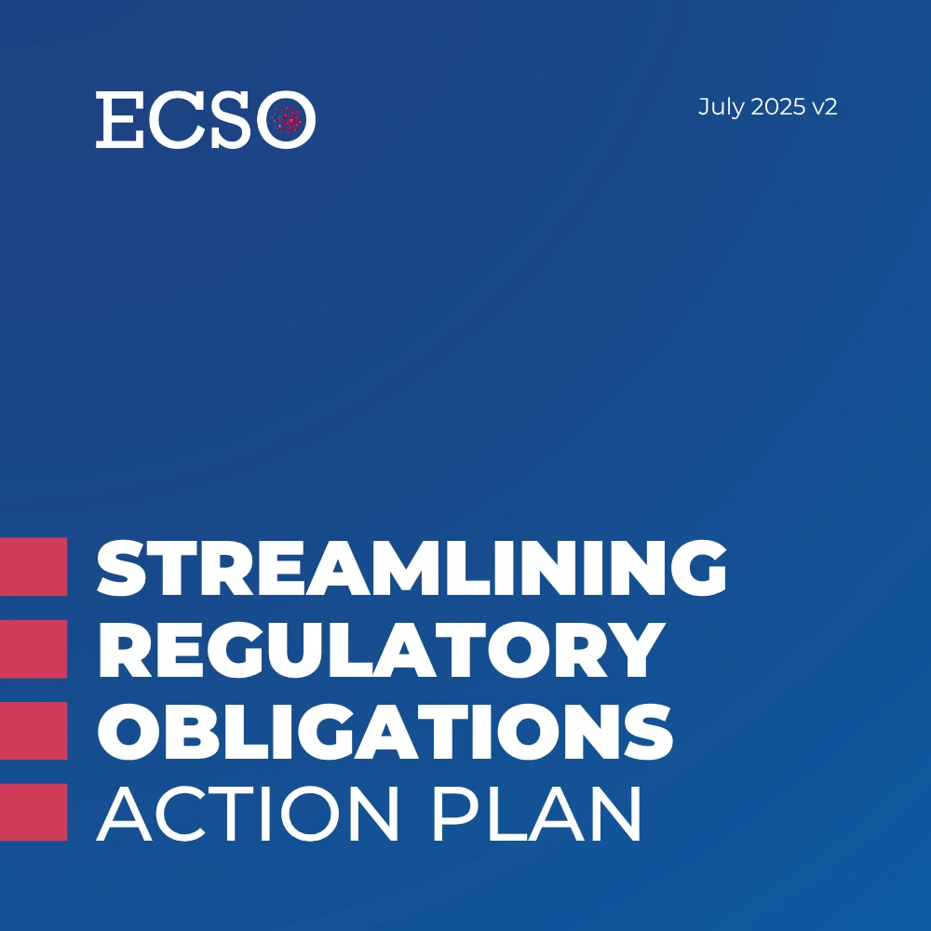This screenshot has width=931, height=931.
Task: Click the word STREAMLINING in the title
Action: [412, 567]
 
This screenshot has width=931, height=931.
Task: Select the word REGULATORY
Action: [381, 650]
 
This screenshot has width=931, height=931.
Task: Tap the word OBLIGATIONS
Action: [385, 732]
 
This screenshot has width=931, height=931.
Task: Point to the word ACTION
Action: [247, 814]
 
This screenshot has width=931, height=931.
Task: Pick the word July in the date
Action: [721, 107]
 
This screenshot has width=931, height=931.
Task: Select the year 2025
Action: [777, 107]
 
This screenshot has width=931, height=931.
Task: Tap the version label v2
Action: [825, 107]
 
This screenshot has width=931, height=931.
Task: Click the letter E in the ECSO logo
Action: [119, 119]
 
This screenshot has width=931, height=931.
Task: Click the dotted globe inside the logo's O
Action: [287, 119]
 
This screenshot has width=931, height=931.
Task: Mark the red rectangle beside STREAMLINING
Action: [34, 566]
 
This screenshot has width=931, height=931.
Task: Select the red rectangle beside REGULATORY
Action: [34, 649]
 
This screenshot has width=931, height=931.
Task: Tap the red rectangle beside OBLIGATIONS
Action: [34, 731]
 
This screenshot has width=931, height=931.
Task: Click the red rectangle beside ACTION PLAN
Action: [34, 812]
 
